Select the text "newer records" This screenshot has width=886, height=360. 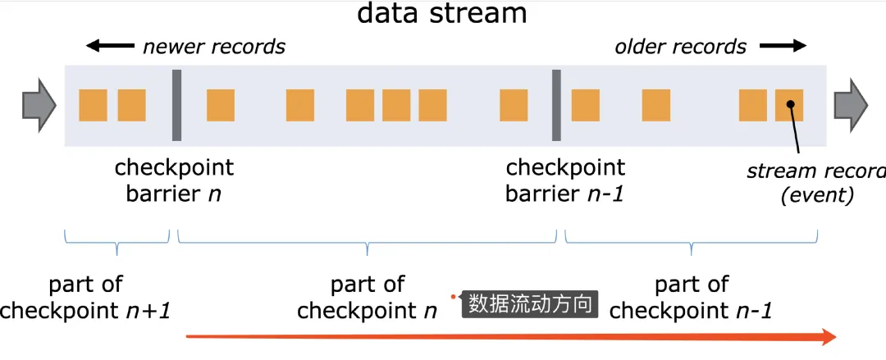pyautogui.click(x=213, y=47)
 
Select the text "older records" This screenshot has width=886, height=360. pyautogui.click(x=681, y=47)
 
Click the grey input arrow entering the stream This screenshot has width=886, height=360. pyautogui.click(x=38, y=105)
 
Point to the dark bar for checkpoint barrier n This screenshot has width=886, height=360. pyautogui.click(x=176, y=105)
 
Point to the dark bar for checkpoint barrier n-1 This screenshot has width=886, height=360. pyautogui.click(x=556, y=105)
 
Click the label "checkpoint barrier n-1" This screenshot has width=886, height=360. pyautogui.click(x=565, y=180)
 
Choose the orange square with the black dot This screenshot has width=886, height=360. pyautogui.click(x=789, y=105)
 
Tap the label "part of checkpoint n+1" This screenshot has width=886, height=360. pyautogui.click(x=85, y=298)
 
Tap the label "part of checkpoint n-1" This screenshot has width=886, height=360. pyautogui.click(x=692, y=298)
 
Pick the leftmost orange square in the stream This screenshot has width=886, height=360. pyautogui.click(x=94, y=105)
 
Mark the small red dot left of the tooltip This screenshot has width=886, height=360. pyautogui.click(x=452, y=296)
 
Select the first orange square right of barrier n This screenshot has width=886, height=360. pyautogui.click(x=221, y=105)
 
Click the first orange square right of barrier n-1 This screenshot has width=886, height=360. pyautogui.click(x=585, y=105)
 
